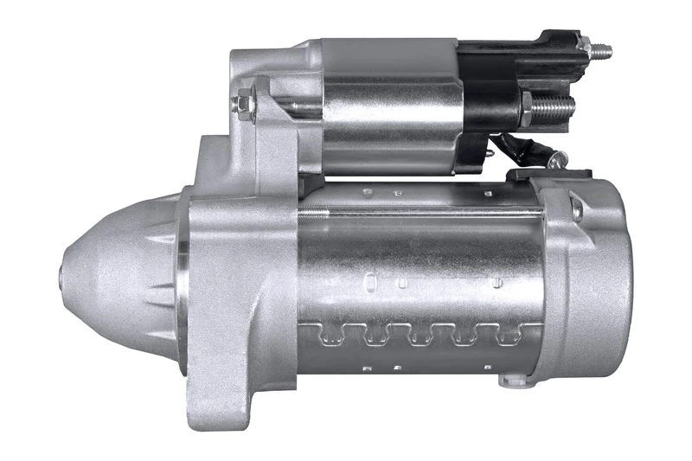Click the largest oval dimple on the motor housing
[370, 280]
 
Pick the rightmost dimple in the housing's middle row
[497, 281]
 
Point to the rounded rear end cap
[597, 277]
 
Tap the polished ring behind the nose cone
[183, 281]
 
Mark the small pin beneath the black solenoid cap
[490, 157]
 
